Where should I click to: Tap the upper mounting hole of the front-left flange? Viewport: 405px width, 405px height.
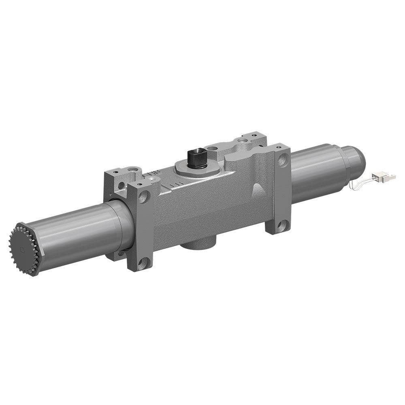[x=142, y=197]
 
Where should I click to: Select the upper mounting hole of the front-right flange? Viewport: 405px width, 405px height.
[x=283, y=161]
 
